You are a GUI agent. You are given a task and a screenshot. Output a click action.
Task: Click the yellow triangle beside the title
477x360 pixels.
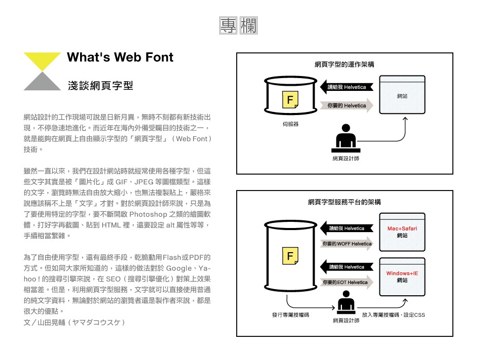[42, 60]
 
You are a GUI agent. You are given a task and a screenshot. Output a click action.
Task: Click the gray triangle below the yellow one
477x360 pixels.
[42, 83]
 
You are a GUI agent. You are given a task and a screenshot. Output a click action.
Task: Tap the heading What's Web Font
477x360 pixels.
[120, 57]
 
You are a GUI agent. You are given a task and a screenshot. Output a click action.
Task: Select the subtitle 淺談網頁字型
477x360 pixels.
[101, 86]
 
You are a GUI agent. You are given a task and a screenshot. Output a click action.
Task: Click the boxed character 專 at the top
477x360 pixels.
[228, 25]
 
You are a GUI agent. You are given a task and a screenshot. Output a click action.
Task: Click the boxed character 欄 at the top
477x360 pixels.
[249, 25]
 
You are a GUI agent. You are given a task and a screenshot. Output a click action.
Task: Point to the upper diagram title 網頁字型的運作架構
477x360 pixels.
[345, 65]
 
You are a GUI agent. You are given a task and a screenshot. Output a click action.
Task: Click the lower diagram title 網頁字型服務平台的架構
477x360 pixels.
[345, 202]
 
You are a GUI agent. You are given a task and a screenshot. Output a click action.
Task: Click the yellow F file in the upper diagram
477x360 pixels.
[290, 100]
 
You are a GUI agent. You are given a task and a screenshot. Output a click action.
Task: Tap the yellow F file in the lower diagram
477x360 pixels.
[290, 256]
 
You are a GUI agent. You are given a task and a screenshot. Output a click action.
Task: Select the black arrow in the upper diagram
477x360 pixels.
[347, 87]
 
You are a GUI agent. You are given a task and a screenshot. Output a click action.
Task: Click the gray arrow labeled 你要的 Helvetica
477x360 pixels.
[347, 106]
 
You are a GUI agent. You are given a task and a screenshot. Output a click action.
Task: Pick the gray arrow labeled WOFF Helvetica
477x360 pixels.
[347, 244]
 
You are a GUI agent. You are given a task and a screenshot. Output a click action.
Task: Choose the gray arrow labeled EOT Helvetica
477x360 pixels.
[347, 282]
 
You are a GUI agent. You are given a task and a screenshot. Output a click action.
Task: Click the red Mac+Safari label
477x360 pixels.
[402, 229]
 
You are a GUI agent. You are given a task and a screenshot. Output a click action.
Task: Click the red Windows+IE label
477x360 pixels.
[402, 273]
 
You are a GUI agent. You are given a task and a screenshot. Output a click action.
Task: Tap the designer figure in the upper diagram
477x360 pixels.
[346, 138]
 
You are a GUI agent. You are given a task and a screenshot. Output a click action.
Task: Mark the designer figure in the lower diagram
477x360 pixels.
[346, 302]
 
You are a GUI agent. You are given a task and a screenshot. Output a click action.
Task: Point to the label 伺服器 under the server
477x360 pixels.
[291, 124]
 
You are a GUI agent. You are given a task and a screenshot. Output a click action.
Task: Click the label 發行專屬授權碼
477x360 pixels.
[291, 315]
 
